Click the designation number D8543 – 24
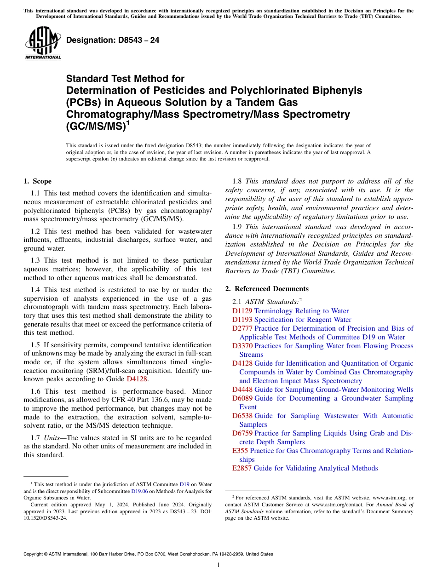[x=113, y=40]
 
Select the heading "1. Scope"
[x=37, y=181]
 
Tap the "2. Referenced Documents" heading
[x=267, y=289]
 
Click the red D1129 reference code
[x=242, y=311]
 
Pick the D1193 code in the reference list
[x=242, y=320]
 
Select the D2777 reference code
[x=242, y=328]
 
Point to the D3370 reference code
[x=242, y=346]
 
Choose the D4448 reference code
[x=242, y=390]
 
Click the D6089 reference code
[x=242, y=398]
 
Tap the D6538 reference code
[x=242, y=416]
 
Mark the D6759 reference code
[x=242, y=433]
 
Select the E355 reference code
[x=240, y=451]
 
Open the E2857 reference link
[x=242, y=468]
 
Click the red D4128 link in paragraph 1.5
[x=137, y=379]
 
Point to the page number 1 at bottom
[x=218, y=565]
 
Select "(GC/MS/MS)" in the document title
[x=95, y=126]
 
